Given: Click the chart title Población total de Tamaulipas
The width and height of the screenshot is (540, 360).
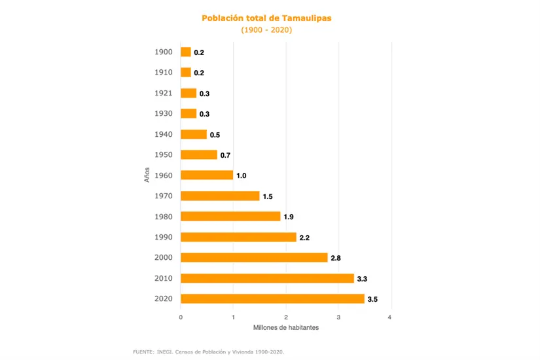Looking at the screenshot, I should pyautogui.click(x=266, y=18).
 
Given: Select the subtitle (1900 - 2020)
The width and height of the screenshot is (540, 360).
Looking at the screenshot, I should pyautogui.click(x=266, y=30).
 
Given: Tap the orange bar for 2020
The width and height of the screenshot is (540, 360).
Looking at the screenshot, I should pyautogui.click(x=272, y=298).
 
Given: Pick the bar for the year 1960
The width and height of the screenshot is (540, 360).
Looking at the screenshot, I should pyautogui.click(x=207, y=175).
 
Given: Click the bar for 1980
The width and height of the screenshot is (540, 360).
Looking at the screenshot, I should pyautogui.click(x=230, y=216).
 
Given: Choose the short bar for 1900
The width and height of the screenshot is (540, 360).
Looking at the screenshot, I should pyautogui.click(x=186, y=52).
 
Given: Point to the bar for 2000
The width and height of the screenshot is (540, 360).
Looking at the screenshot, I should pyautogui.click(x=254, y=257).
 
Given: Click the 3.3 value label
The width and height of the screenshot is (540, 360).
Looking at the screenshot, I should pyautogui.click(x=362, y=279).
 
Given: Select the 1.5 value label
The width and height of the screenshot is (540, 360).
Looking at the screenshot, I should pyautogui.click(x=268, y=196).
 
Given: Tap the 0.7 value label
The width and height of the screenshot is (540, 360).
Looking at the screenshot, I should pyautogui.click(x=225, y=155).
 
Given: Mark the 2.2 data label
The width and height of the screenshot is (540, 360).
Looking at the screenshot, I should pyautogui.click(x=304, y=238).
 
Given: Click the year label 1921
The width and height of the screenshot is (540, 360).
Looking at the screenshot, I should pyautogui.click(x=164, y=93).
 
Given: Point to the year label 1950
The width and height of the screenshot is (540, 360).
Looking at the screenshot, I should pyautogui.click(x=164, y=154).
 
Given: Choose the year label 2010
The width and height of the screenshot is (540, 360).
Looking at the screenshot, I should pyautogui.click(x=164, y=278).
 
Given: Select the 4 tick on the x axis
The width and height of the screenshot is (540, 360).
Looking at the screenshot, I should pyautogui.click(x=390, y=317).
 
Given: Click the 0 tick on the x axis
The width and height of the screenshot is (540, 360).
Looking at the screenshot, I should pyautogui.click(x=181, y=317).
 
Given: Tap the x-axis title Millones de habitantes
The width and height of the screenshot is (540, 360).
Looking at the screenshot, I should pyautogui.click(x=285, y=327).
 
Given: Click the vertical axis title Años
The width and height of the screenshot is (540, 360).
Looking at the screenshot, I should pyautogui.click(x=148, y=175).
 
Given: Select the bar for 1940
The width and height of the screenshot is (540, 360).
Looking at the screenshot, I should pyautogui.click(x=194, y=134).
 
